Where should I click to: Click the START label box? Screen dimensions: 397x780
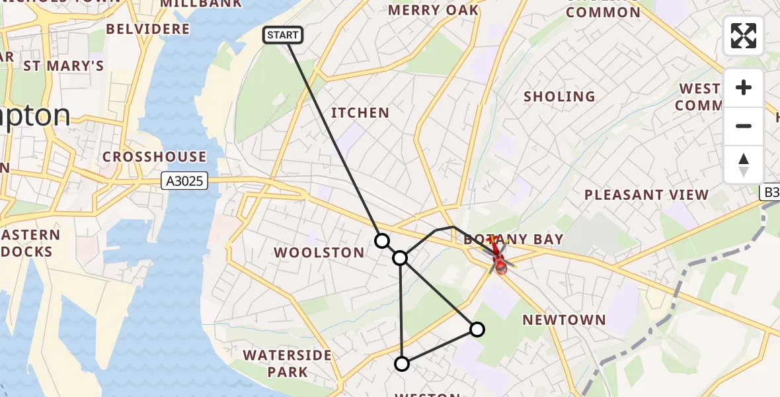pos(283,35)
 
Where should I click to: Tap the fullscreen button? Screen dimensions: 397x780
pos(744,36)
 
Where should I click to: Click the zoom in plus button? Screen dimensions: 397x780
pos(744,87)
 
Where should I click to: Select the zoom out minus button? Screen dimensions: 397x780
pos(744,126)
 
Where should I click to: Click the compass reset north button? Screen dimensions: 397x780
pos(744,165)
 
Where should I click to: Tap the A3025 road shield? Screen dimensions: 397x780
pos(184,181)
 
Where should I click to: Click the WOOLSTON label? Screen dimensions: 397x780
pos(319,253)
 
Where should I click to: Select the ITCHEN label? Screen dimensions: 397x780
pos(360,113)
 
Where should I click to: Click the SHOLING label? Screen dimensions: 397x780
pos(559,97)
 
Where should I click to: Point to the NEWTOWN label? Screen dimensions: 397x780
pos(564,320)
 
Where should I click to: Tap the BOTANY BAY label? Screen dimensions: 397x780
pos(514,240)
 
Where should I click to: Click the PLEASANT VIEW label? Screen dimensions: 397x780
pos(646,195)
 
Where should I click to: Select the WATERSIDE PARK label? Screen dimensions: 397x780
pos(288,363)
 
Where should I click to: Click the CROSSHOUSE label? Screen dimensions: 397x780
pos(154,157)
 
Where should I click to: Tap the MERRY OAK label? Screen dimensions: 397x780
pos(433,11)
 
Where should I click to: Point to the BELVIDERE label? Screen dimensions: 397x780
pos(147,29)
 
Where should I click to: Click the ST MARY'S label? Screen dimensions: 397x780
pos(63,66)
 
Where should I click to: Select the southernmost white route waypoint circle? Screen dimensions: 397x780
pos(402,363)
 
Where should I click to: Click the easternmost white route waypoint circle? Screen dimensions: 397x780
pos(477,329)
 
